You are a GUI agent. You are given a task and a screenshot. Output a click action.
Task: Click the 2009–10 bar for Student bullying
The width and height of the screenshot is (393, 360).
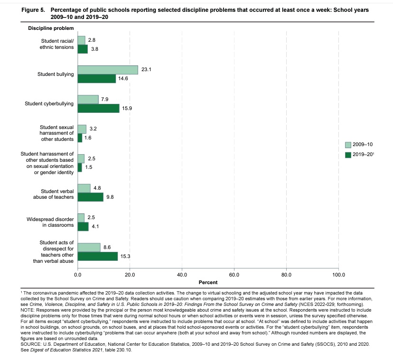click(x=108, y=70)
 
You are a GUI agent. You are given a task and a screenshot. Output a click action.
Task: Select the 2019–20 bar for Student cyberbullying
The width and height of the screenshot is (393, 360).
click(x=98, y=108)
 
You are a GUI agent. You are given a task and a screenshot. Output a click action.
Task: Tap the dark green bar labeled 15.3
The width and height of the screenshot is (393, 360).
click(x=98, y=256)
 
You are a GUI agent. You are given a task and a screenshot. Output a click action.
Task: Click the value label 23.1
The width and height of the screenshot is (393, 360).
click(x=146, y=69)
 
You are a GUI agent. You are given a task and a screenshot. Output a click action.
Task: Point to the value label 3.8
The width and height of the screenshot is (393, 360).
click(x=94, y=49)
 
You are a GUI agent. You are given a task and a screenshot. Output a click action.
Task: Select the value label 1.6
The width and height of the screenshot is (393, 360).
click(x=88, y=138)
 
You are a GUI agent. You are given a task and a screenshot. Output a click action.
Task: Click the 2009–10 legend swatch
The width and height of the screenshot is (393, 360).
click(x=348, y=145)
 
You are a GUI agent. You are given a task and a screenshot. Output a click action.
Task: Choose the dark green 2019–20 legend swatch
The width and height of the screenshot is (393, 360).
click(x=348, y=155)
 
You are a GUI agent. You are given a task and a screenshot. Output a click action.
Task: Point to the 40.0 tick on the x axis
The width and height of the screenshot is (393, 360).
click(x=182, y=275)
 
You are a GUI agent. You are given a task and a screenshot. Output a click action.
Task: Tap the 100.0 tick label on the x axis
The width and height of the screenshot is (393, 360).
click(x=338, y=275)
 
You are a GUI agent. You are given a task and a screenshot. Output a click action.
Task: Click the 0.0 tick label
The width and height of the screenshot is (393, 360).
click(x=78, y=275)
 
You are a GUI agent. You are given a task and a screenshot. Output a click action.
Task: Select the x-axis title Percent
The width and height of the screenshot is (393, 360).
click(x=208, y=283)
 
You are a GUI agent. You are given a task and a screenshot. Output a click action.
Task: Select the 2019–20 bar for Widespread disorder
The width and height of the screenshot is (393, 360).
click(x=83, y=226)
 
